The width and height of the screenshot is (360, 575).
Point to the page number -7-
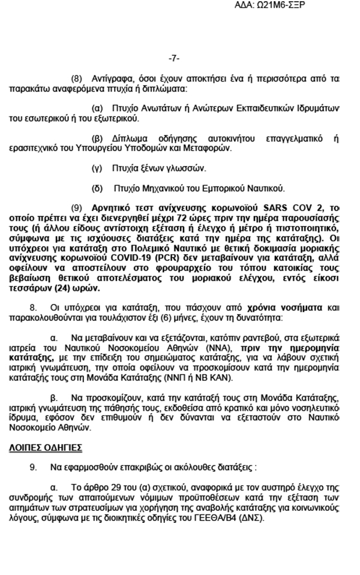174,58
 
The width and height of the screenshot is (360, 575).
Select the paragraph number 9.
34,465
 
